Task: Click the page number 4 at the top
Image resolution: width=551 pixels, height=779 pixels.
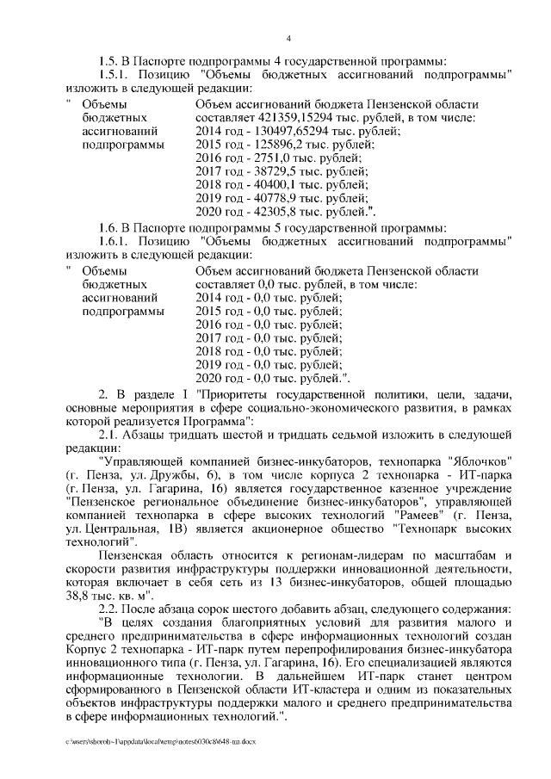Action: (x=288, y=38)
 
